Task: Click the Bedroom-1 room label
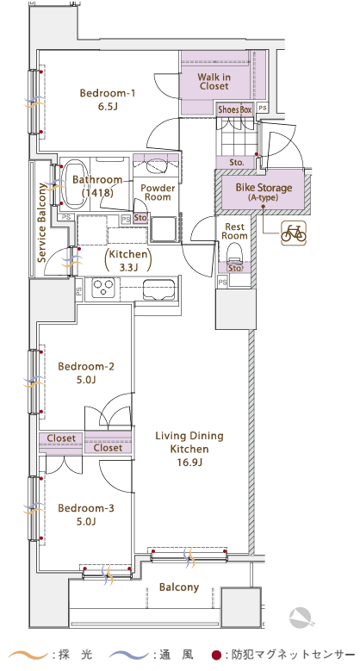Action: (107, 99)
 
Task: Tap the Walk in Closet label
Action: (214, 82)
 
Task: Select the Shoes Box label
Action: (235, 109)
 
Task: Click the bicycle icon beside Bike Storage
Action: (294, 233)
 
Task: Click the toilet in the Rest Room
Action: (234, 254)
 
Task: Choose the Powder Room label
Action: (158, 193)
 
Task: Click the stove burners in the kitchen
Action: (103, 287)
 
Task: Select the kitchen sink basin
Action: (158, 290)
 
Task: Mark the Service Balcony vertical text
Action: (41, 222)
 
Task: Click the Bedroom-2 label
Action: (86, 372)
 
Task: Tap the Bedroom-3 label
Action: (86, 514)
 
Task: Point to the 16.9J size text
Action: (189, 463)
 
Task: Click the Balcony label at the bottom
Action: (179, 587)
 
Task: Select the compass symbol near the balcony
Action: (302, 618)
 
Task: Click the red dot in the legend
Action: (216, 655)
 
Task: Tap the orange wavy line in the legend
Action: (28, 655)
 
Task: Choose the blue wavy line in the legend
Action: (129, 655)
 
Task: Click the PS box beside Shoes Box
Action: (263, 109)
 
